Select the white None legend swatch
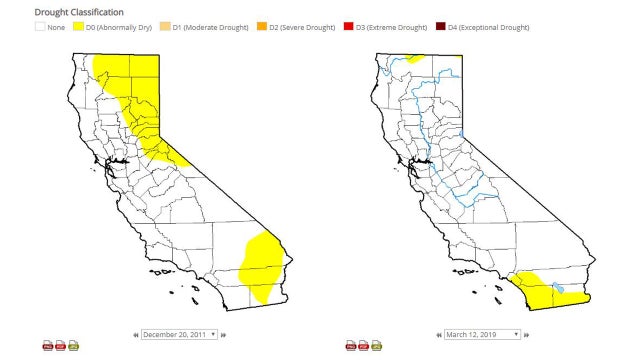(x=39, y=27)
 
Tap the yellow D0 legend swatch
(x=76, y=27)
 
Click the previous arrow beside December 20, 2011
(x=135, y=334)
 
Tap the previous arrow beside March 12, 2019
(x=437, y=334)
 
